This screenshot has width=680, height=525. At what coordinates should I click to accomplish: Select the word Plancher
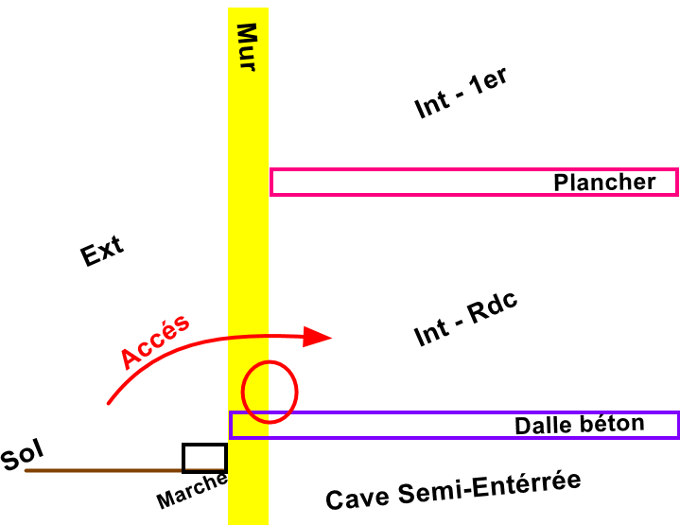[x=604, y=183]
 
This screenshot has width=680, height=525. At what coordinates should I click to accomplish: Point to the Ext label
[x=102, y=253]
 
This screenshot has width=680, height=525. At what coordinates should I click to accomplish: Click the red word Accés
[x=156, y=341]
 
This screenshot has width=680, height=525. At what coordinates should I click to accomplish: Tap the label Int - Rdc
[x=469, y=320]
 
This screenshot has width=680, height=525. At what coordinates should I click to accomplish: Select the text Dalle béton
[x=579, y=425]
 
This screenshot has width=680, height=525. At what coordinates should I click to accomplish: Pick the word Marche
[x=192, y=491]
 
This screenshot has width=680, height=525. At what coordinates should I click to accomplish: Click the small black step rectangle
[x=204, y=458]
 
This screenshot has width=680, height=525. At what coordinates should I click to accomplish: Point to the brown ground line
[x=104, y=470]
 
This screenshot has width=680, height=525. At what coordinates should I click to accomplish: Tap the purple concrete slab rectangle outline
[x=378, y=413]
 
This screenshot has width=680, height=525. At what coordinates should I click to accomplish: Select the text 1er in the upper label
[x=490, y=84]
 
